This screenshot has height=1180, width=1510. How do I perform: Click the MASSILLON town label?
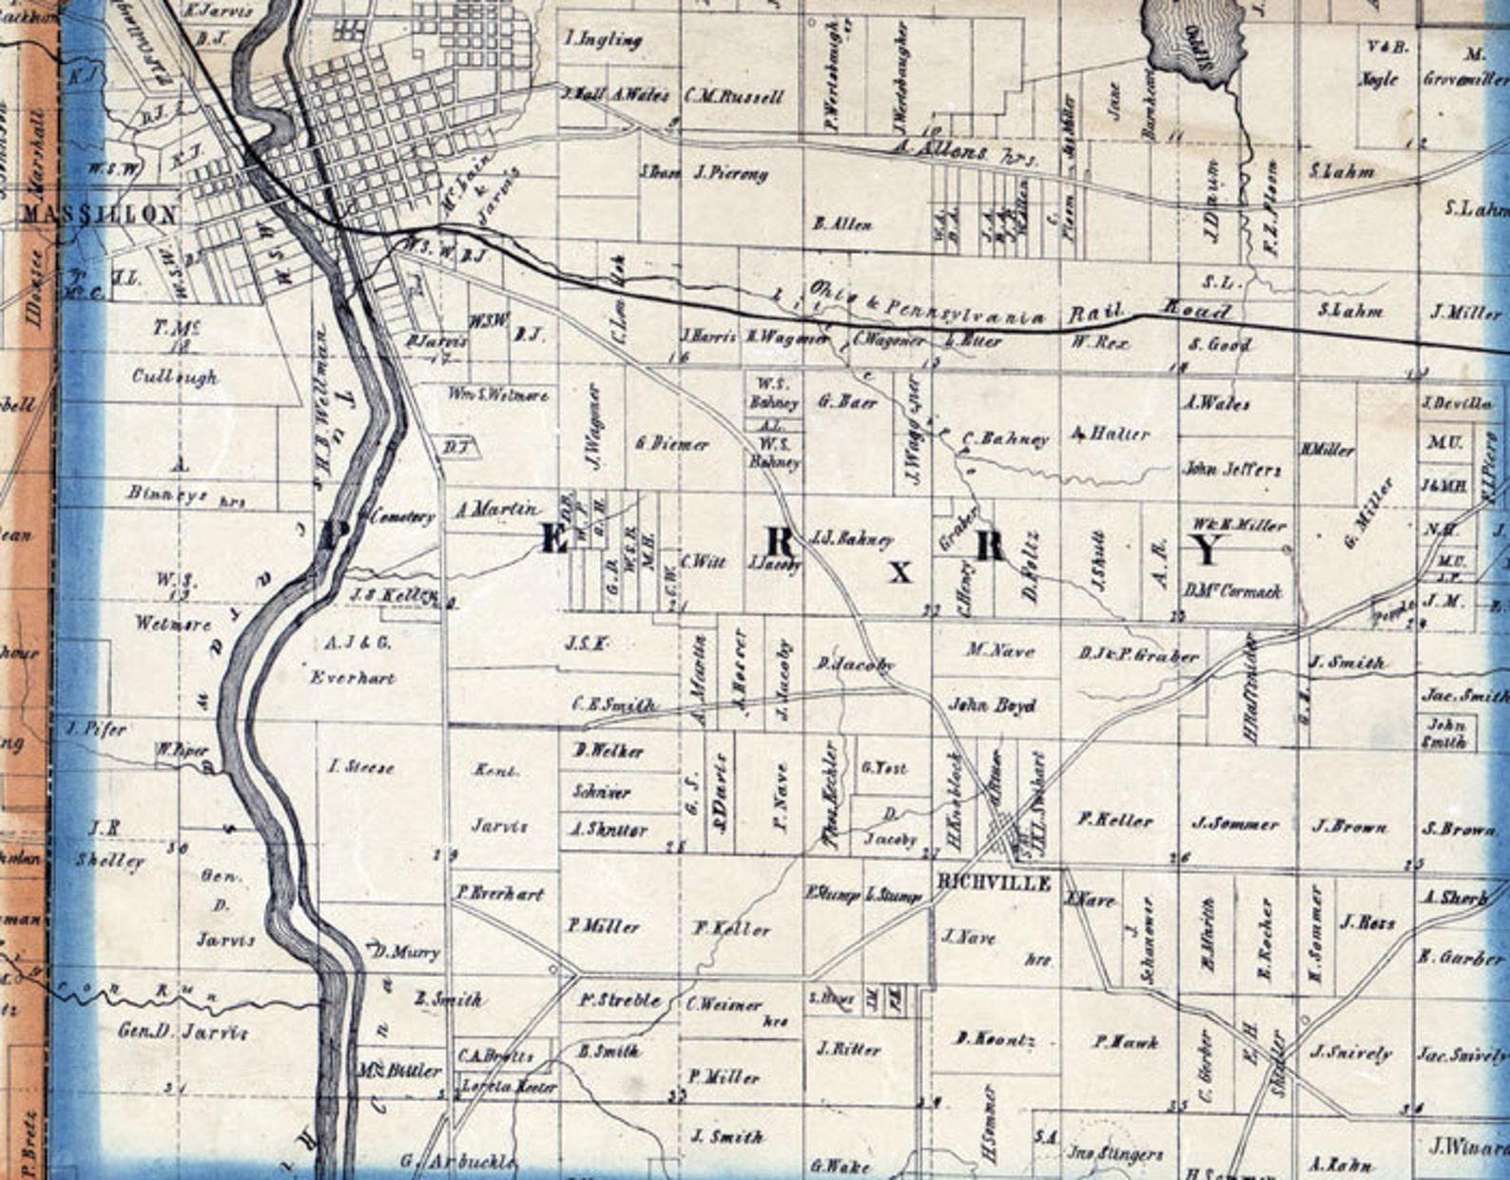point(99,214)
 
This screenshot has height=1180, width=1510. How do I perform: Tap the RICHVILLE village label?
point(994,883)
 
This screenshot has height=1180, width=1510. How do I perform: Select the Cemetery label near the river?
point(402,517)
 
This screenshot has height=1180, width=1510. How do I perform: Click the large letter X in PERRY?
point(900,571)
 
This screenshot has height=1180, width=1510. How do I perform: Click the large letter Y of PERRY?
point(1207,549)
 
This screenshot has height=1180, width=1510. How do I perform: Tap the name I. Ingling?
point(603,40)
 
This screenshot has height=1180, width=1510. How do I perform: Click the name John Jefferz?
point(1231,469)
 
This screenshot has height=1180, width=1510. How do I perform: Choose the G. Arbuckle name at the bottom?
point(458,1161)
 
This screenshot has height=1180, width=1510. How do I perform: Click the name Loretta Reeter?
point(508,1086)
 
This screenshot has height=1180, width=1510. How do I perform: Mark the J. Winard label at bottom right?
point(1465,1149)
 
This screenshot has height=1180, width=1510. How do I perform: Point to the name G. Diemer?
point(672,443)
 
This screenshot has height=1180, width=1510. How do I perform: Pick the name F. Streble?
point(619,999)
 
